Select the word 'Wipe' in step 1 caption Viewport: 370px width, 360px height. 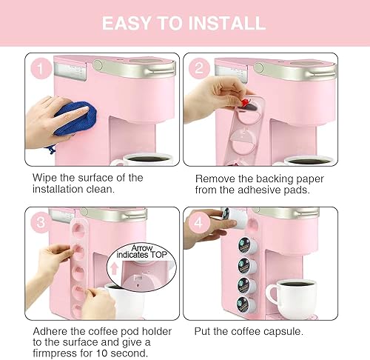[46, 178]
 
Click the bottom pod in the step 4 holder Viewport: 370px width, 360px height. [242, 304]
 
